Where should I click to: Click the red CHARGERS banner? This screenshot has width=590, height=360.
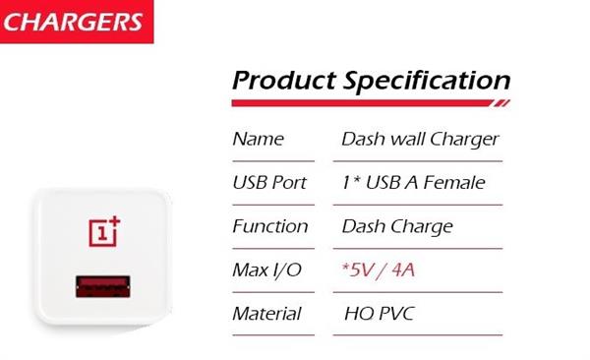[x=78, y=22]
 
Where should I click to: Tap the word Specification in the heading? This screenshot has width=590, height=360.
[x=427, y=81]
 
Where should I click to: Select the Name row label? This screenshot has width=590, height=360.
[x=257, y=139]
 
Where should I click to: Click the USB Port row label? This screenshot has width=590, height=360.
[x=269, y=182]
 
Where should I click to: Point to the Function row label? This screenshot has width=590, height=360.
[x=269, y=226]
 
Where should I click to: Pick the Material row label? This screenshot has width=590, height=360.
[x=266, y=314]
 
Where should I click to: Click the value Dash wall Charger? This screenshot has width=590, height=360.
[x=420, y=139]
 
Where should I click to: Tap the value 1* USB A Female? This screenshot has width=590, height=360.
[x=413, y=182]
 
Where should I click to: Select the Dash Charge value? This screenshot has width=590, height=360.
[x=396, y=226]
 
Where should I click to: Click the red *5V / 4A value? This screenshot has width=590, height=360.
[x=379, y=269]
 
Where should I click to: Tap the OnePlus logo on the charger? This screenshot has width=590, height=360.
[x=104, y=230]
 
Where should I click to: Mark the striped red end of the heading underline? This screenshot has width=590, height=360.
[x=501, y=102]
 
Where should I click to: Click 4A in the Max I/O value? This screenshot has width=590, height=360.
[x=402, y=269]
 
